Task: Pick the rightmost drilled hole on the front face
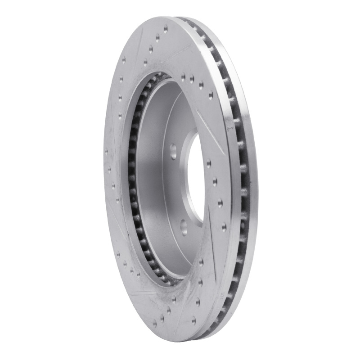(x=224, y=228)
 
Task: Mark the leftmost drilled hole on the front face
(x=106, y=152)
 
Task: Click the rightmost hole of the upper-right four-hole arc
(x=211, y=95)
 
